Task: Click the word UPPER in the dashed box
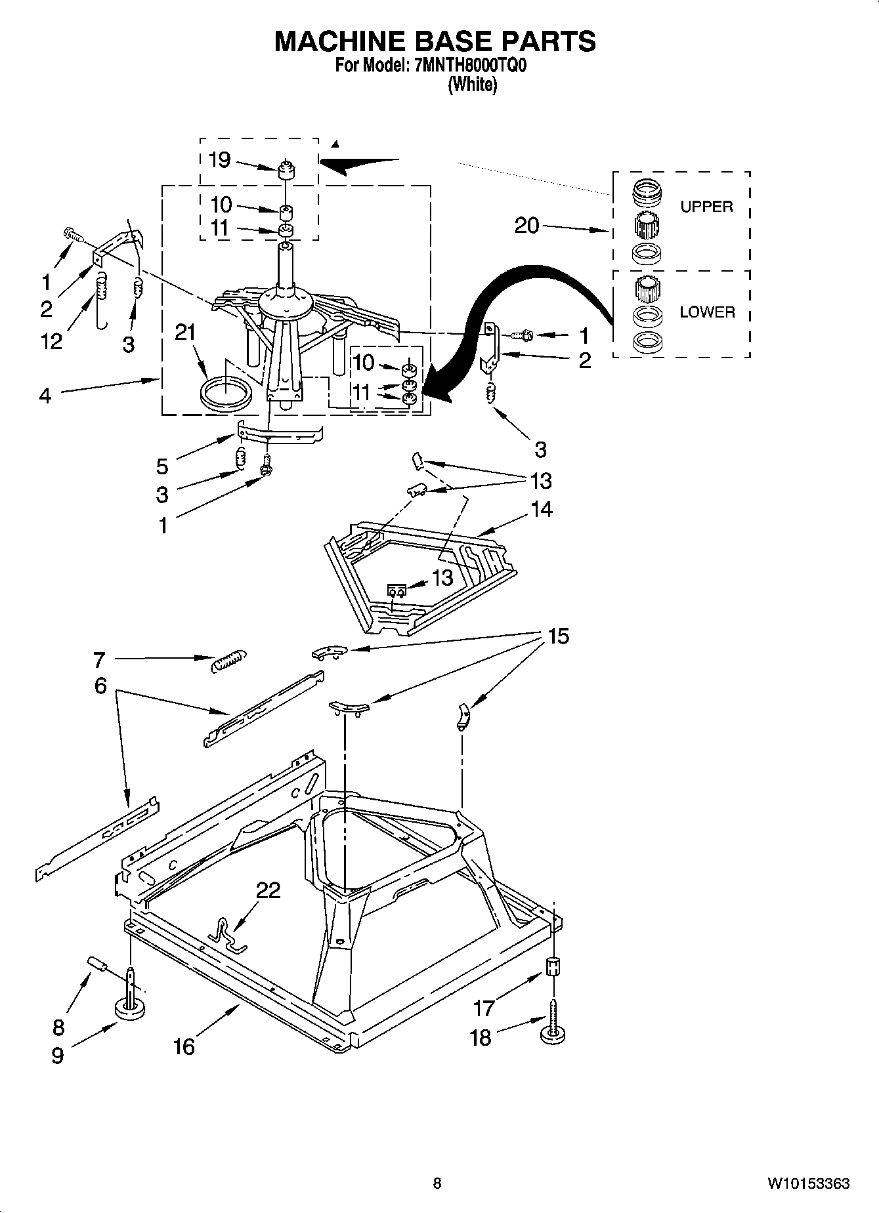(x=706, y=207)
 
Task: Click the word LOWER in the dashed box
(x=707, y=312)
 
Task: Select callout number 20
(x=526, y=226)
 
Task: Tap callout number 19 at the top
(x=219, y=159)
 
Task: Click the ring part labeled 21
(x=225, y=394)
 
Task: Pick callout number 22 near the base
(x=268, y=890)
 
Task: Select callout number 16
(x=184, y=1046)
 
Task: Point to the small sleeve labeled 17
(x=553, y=966)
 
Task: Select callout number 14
(x=542, y=509)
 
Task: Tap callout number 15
(x=559, y=636)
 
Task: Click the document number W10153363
(x=809, y=1183)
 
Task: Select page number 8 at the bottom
(x=437, y=1183)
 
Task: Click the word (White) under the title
(x=472, y=85)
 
